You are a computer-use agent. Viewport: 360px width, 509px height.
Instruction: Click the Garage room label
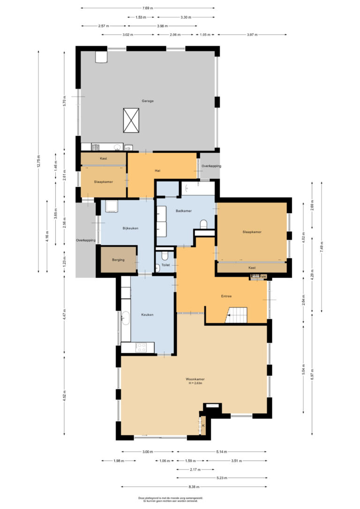[x=148, y=101]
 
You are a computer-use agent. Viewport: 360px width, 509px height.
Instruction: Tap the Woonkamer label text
[x=195, y=379]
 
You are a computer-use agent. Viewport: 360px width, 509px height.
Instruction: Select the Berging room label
[x=118, y=259]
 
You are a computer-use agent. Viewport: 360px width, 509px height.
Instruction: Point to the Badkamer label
[x=184, y=211]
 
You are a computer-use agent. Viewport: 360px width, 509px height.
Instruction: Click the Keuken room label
[x=148, y=314]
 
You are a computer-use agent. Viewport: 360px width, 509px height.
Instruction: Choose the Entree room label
[x=226, y=296]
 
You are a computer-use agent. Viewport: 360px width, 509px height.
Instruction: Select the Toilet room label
[x=165, y=265]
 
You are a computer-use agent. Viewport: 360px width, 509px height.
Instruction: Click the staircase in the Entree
[x=236, y=315]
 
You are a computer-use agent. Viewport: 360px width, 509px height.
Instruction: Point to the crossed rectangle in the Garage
[x=131, y=120]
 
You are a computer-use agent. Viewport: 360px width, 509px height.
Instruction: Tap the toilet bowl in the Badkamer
[x=203, y=224]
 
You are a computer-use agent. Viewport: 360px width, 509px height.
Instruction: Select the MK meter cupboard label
[x=263, y=277]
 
